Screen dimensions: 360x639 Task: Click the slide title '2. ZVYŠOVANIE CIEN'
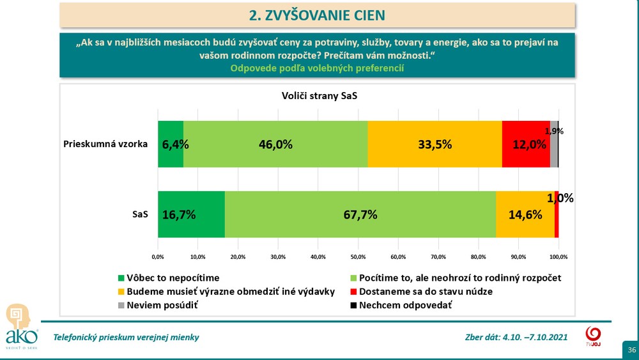(x=317, y=14)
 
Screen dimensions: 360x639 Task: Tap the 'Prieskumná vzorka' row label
(x=105, y=144)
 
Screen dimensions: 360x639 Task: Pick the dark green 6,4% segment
(x=171, y=144)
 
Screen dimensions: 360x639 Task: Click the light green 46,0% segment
(x=275, y=144)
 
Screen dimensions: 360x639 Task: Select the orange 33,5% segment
(x=435, y=144)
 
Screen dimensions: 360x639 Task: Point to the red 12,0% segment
(x=525, y=144)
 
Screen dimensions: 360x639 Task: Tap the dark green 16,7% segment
(x=191, y=214)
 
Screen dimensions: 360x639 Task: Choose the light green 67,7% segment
(x=360, y=214)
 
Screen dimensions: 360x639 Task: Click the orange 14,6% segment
(x=525, y=214)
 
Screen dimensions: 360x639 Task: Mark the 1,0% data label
(x=560, y=198)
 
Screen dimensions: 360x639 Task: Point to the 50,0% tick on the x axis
(x=358, y=256)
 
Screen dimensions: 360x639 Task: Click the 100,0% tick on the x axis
(x=558, y=256)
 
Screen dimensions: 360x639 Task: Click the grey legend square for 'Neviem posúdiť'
(x=122, y=305)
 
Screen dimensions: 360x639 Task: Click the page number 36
(x=631, y=350)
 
